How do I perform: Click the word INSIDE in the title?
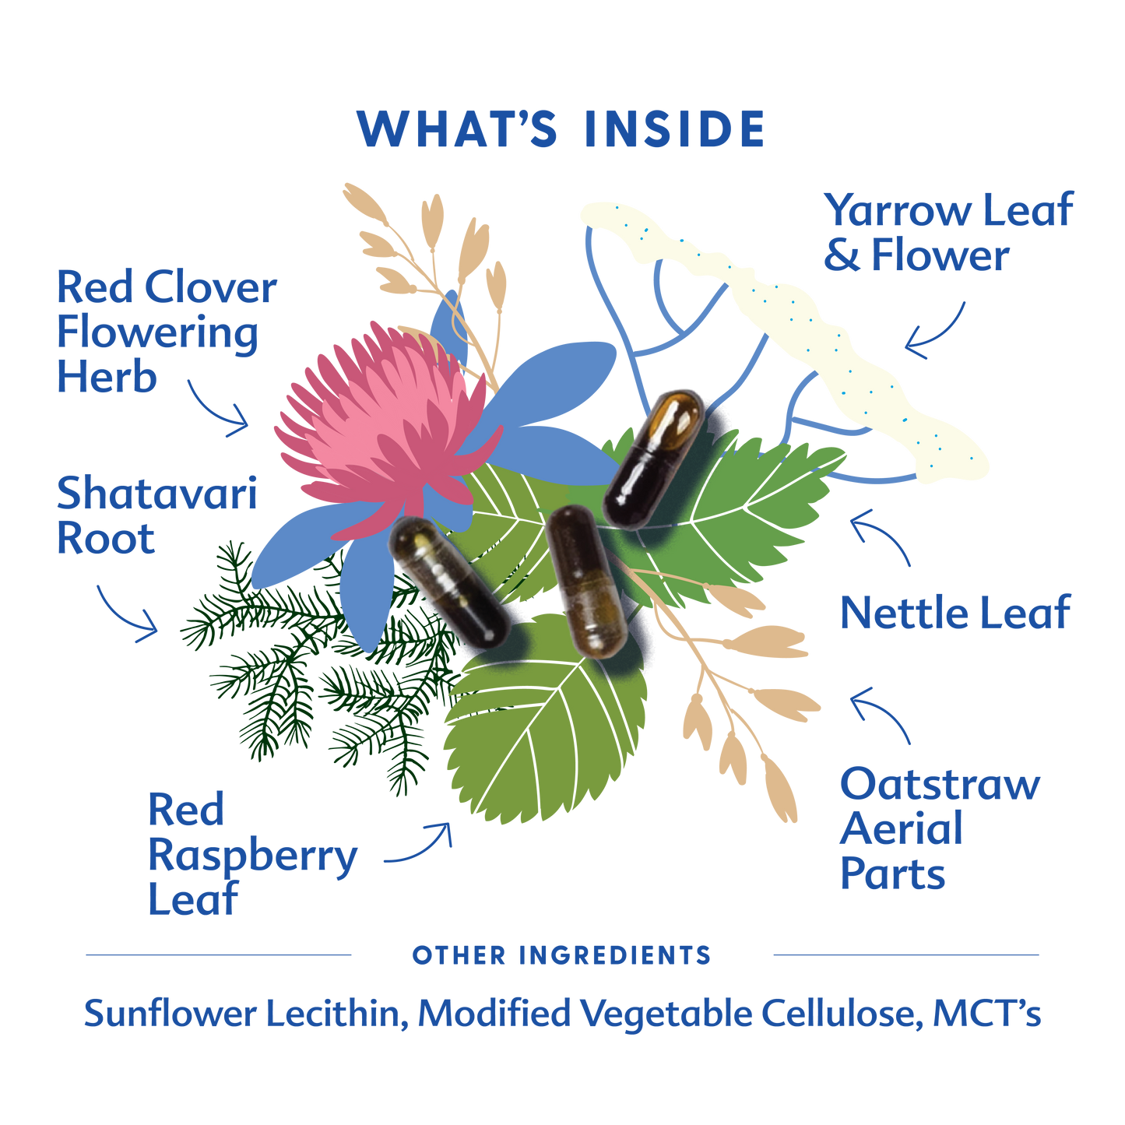pyautogui.click(x=674, y=128)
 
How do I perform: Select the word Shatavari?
pyautogui.click(x=156, y=494)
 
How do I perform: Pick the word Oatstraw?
pyautogui.click(x=940, y=784)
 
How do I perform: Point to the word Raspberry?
pyautogui.click(x=253, y=856)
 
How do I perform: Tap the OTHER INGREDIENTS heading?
pyautogui.click(x=561, y=955)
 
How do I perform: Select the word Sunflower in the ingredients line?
pyautogui.click(x=169, y=1013)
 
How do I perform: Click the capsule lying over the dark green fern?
pyautogui.click(x=449, y=582)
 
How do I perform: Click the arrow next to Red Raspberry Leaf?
pyautogui.click(x=420, y=845)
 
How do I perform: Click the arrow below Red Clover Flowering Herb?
pyautogui.click(x=218, y=409)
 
